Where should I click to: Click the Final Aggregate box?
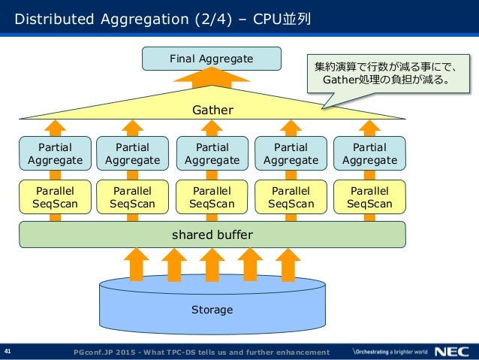click(211, 58)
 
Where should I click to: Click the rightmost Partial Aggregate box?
click(369, 153)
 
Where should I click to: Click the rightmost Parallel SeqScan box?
click(369, 197)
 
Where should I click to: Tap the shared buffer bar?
click(212, 234)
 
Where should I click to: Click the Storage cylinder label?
click(212, 310)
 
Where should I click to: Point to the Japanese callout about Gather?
click(384, 73)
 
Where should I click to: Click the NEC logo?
click(453, 351)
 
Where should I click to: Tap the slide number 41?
click(9, 351)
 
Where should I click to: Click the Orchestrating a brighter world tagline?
click(390, 352)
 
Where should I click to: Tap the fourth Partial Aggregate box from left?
click(291, 153)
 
